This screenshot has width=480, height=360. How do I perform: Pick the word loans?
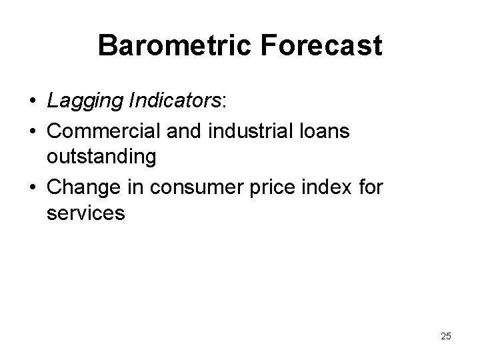click(x=324, y=131)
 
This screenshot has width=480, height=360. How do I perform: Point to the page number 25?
click(x=445, y=336)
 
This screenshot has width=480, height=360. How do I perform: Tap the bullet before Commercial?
click(x=32, y=132)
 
